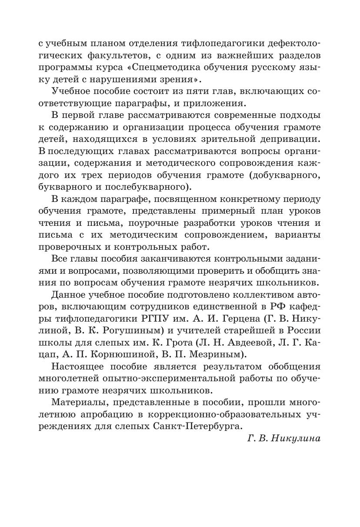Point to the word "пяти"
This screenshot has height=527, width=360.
click(x=164, y=91)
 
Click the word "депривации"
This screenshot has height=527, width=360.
click(x=290, y=139)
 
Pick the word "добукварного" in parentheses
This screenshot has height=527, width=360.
click(x=288, y=175)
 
